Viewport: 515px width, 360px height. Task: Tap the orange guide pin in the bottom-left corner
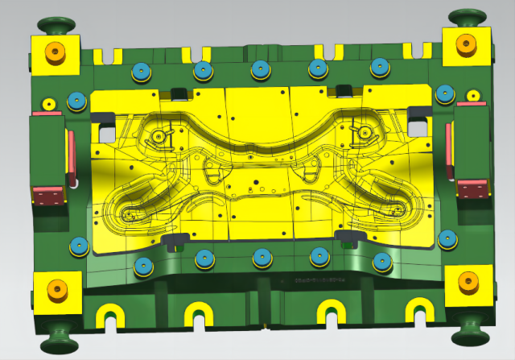(57, 288)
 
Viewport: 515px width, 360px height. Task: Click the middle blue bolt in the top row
(260, 70)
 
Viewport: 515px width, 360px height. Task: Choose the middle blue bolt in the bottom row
(261, 258)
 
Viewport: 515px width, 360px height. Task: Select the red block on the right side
(472, 188)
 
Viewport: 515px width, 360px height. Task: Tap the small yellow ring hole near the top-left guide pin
(48, 105)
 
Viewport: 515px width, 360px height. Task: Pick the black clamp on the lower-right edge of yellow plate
(349, 235)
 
